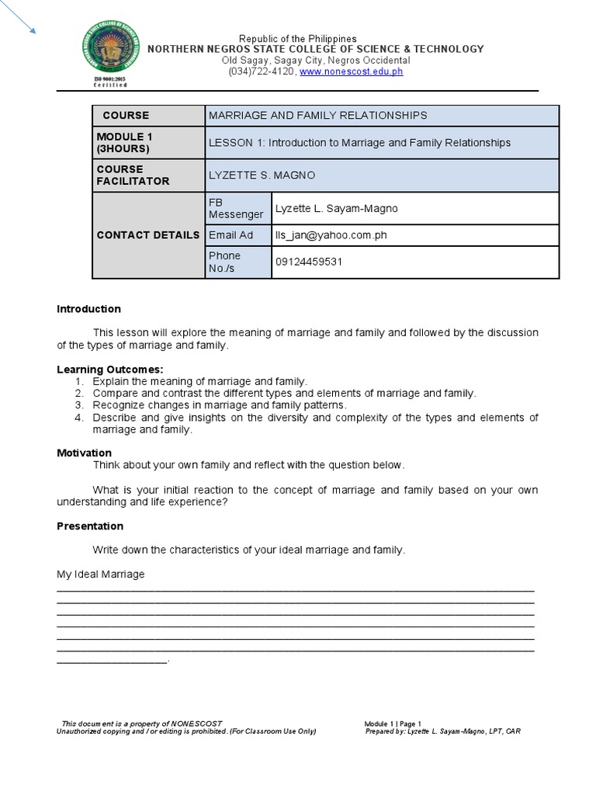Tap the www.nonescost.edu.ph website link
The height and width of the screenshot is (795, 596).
point(351,71)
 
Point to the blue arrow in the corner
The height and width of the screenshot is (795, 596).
point(21,21)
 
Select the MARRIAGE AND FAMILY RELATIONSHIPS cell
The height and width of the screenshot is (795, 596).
point(317,115)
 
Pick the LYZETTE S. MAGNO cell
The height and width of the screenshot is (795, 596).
point(262,175)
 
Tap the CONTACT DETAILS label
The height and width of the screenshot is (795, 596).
point(148,234)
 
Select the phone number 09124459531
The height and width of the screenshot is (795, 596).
point(309,262)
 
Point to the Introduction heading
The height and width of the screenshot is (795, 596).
point(88,309)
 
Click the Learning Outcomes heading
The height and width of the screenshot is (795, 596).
point(109,369)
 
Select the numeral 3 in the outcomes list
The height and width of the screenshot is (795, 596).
point(78,405)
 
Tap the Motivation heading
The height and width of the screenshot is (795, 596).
point(84,453)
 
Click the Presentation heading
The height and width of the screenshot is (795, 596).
point(90,526)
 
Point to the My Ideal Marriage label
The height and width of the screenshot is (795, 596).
point(100,575)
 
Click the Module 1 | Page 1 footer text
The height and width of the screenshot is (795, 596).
point(393,724)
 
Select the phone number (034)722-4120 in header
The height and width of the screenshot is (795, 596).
point(262,71)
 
